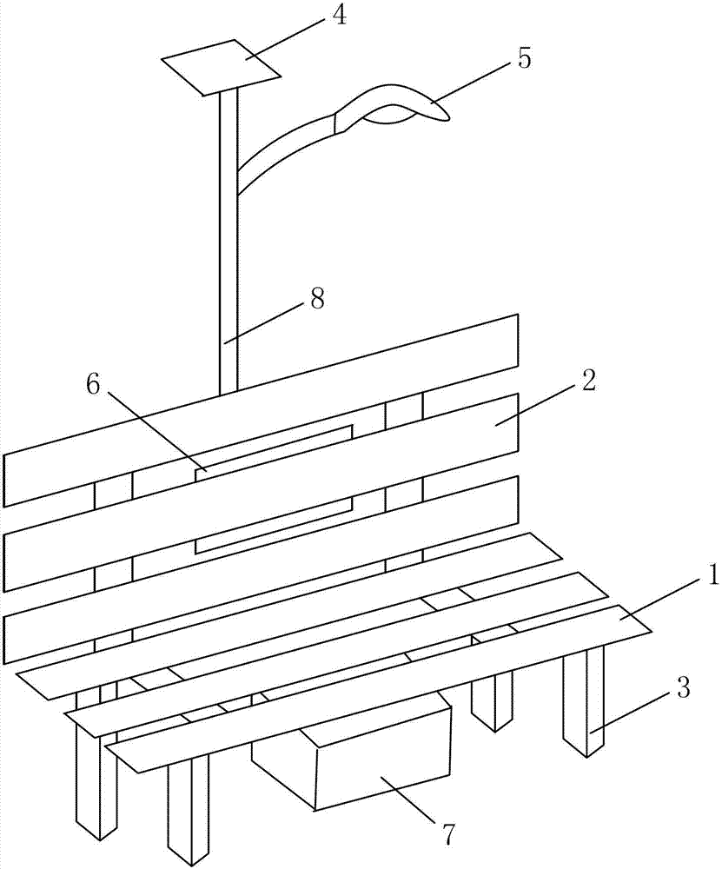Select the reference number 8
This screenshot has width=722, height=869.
tap(317, 299)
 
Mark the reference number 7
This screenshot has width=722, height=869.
tap(447, 833)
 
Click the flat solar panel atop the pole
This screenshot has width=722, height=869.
tap(222, 66)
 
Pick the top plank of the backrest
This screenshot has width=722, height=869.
tap(261, 408)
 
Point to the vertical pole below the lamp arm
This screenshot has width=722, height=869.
tap(228, 278)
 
